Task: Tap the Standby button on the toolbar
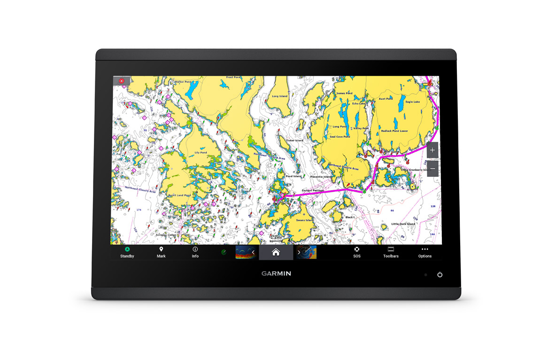127,252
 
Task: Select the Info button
195,252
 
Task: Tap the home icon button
276,252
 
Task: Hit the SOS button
357,252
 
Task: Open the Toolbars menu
391,252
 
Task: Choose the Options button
425,252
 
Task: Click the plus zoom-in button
432,150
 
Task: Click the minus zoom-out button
432,168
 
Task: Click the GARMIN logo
276,274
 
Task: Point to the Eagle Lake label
413,102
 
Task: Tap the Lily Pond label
201,153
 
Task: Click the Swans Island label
304,220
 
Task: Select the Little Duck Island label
403,224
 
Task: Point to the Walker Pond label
183,82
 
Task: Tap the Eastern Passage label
312,190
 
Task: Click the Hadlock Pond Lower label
394,131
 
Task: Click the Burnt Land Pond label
180,195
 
